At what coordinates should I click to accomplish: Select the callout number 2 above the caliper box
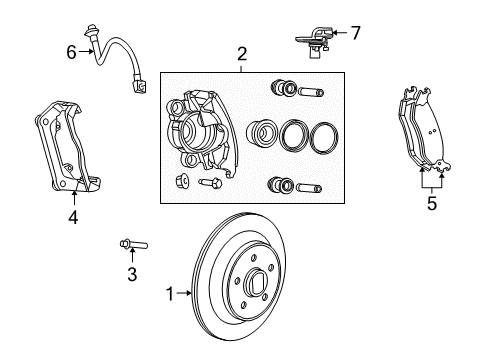coord(241,54)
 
